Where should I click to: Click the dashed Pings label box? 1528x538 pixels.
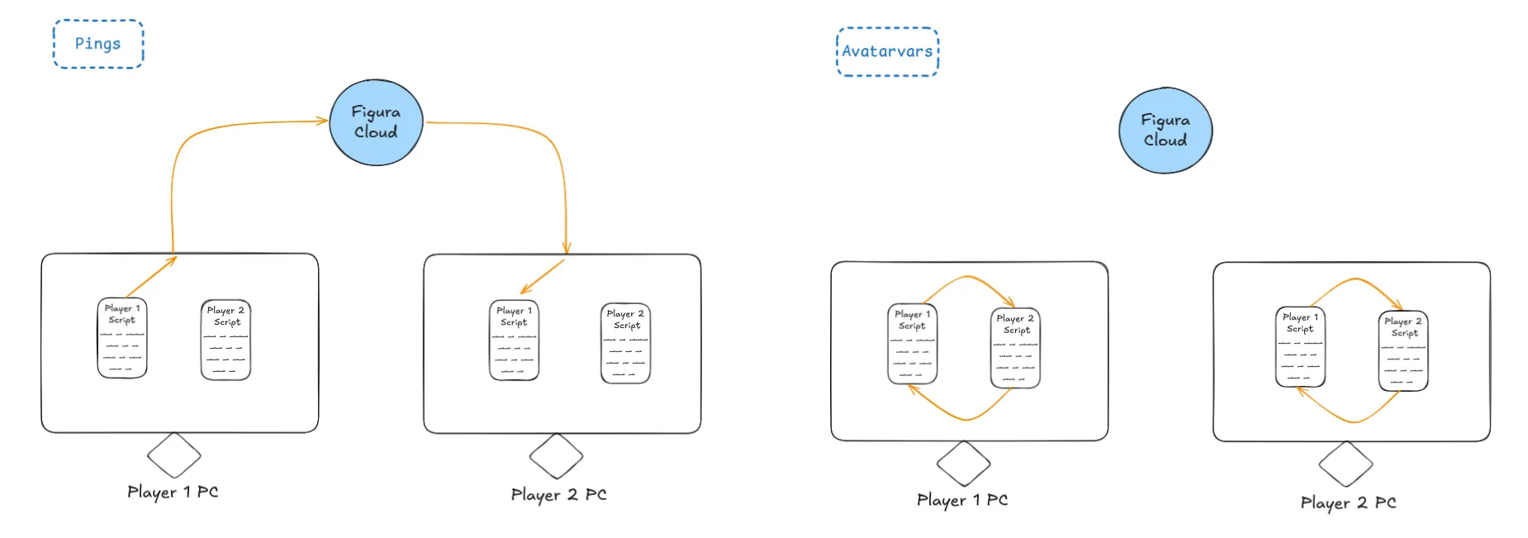coord(97,44)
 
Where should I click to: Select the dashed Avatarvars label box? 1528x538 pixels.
coord(887,51)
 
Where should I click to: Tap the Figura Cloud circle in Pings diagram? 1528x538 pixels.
coord(376,122)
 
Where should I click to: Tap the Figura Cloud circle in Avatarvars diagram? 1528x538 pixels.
coord(1165,131)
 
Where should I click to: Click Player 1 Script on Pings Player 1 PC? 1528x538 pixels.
coord(122,338)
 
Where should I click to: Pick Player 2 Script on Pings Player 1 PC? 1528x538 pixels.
coord(225,340)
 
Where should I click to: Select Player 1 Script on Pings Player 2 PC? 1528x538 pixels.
coord(514,340)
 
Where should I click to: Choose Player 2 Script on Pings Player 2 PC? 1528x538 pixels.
coord(625,343)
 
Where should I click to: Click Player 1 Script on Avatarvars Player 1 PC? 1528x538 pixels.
coord(912,344)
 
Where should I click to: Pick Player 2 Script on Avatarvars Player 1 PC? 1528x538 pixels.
coord(1015,348)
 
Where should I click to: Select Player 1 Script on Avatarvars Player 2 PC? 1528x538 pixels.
coord(1300,347)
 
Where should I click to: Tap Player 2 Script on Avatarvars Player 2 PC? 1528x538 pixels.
coord(1403,351)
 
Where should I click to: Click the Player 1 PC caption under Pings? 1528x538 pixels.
coord(173,493)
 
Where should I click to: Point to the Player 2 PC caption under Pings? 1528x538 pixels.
coord(558,495)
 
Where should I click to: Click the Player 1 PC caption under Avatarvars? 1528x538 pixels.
coord(962,500)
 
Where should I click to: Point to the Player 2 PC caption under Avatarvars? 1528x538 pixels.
coord(1348,502)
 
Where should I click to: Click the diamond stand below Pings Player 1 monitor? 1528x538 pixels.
coord(173,455)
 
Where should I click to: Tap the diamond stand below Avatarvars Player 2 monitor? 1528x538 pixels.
coord(1345,464)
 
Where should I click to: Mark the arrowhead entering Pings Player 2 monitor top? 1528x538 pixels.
coord(567,249)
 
